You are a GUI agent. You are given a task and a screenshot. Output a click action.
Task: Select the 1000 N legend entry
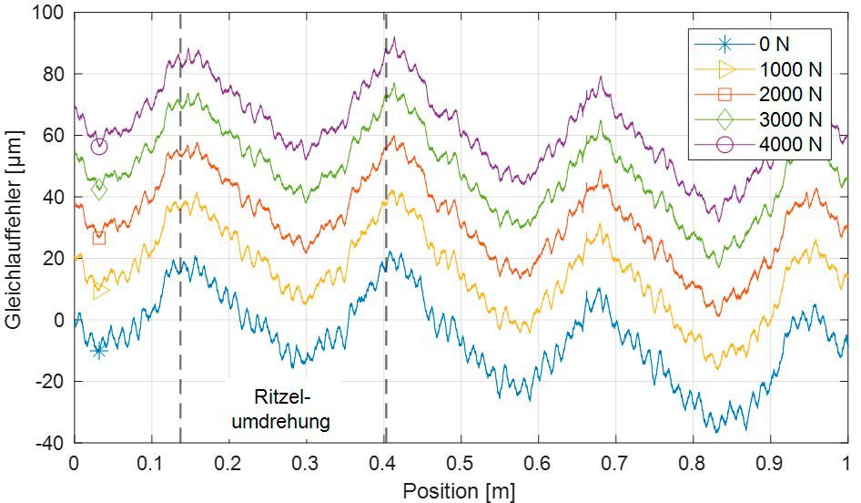click(789, 68)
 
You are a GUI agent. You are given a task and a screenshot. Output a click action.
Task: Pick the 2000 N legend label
click(789, 94)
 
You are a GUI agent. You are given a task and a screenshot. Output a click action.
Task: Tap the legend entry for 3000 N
click(789, 118)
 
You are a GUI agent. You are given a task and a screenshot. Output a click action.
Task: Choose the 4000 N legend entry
click(789, 144)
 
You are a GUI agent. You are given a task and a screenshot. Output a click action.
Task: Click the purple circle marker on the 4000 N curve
click(98, 146)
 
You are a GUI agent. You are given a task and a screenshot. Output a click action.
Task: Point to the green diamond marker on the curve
click(98, 190)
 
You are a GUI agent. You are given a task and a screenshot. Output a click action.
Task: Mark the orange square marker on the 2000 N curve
click(98, 238)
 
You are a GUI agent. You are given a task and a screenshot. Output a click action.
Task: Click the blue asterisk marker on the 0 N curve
click(98, 351)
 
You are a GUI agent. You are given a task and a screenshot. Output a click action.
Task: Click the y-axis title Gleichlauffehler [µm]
click(15, 228)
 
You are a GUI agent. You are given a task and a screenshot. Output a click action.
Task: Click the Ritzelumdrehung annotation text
click(280, 409)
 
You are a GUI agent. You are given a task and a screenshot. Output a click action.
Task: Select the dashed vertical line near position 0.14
click(180, 228)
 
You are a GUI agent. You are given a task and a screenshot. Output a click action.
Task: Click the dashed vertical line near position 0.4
click(386, 228)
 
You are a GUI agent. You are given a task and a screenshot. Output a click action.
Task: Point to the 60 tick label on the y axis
click(54, 136)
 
